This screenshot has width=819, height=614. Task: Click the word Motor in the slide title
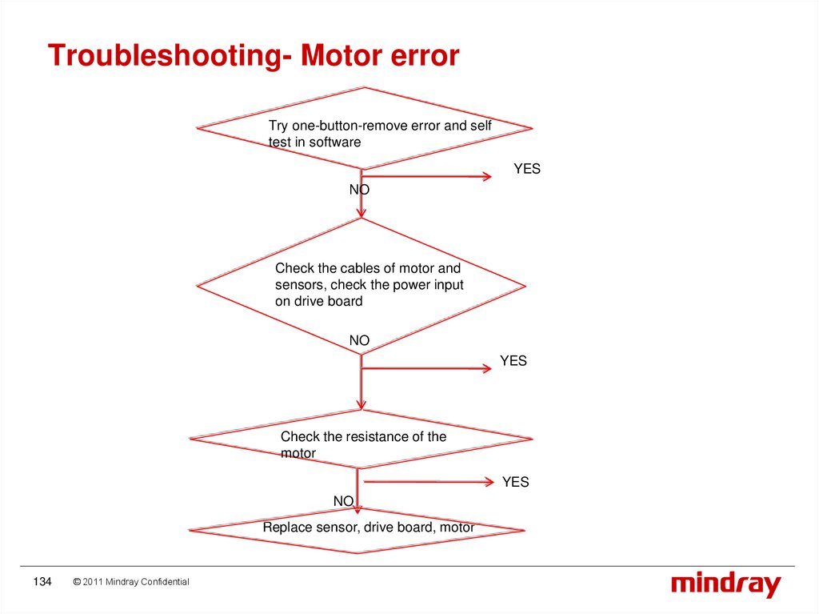click(x=336, y=56)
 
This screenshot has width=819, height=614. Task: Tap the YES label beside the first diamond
click(x=527, y=169)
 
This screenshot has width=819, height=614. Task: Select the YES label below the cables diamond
click(x=513, y=361)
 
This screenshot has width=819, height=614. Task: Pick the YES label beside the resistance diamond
click(x=515, y=482)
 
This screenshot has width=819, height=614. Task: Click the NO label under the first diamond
click(x=359, y=190)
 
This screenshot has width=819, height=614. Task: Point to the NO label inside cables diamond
click(x=359, y=341)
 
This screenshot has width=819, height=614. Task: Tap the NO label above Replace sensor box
click(x=343, y=501)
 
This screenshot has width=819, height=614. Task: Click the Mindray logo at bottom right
click(x=725, y=584)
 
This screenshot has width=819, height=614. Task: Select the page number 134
click(x=42, y=582)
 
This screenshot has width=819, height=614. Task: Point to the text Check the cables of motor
click(x=368, y=268)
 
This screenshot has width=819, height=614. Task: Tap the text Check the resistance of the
click(x=363, y=436)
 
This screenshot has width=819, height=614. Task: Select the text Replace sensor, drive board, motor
click(x=369, y=528)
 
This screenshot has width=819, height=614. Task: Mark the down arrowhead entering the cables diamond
click(x=362, y=212)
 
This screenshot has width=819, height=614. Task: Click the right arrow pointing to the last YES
click(x=488, y=481)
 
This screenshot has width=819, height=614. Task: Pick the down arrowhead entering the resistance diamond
click(x=362, y=404)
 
